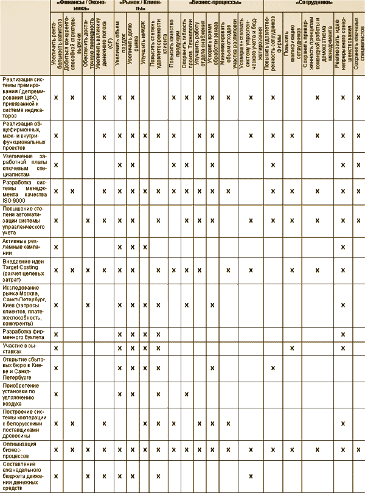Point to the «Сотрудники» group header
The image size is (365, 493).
313,3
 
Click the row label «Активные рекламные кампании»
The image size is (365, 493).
24,246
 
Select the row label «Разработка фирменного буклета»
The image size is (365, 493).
24,334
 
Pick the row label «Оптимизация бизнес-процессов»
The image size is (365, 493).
24,449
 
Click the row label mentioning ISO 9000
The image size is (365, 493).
24,191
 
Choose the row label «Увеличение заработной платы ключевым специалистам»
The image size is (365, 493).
24,165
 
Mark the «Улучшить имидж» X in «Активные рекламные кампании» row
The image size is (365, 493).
144,246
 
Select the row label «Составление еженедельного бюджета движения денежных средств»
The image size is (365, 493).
24,475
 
